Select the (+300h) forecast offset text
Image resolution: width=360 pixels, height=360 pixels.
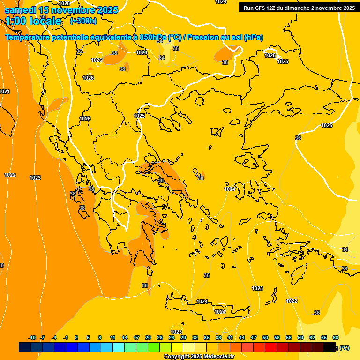[83, 21]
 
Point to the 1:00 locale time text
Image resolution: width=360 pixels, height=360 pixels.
[34, 21]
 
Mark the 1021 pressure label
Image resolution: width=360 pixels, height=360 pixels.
[4, 91]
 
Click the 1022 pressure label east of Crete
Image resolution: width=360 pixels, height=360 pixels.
[292, 301]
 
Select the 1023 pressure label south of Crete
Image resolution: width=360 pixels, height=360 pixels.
[176, 332]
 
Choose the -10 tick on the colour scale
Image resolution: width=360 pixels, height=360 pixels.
[32, 337]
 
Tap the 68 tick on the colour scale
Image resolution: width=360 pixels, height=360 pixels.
[336, 337]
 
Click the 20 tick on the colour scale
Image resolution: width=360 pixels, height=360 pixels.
[148, 337]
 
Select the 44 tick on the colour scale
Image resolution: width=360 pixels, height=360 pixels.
[242, 337]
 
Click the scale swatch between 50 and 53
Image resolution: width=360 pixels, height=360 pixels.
[271, 347]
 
